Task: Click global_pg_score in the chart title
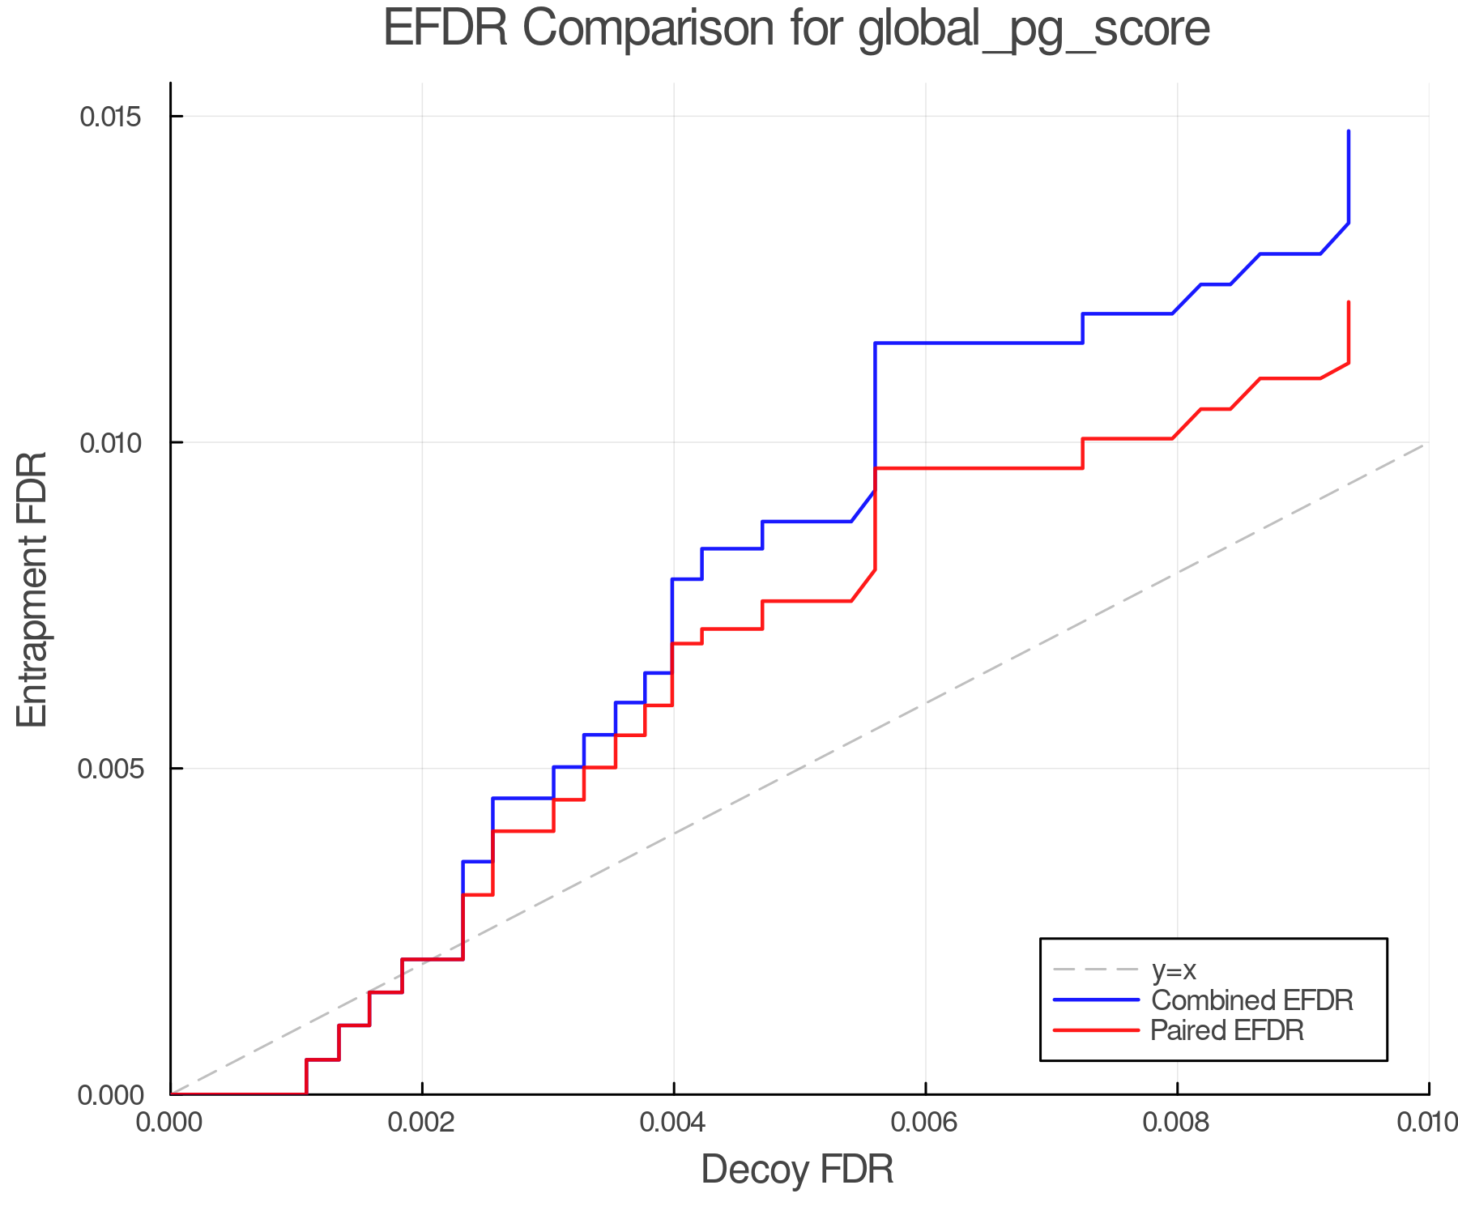point(1033,29)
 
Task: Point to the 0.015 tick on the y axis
point(110,117)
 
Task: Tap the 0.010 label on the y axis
point(110,443)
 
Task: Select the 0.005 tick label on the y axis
point(110,769)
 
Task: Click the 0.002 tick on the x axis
point(422,1123)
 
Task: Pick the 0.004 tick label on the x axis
point(674,1123)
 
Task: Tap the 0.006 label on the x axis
point(926,1123)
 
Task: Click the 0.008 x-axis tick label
point(1177,1123)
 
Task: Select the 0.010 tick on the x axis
point(1427,1123)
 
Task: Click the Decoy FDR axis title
point(797,1170)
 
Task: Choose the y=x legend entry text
point(1173,970)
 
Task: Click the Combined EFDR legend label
point(1251,1000)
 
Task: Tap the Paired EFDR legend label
point(1227,1030)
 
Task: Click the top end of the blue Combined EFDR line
point(1348,131)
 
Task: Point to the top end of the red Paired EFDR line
point(1348,302)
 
